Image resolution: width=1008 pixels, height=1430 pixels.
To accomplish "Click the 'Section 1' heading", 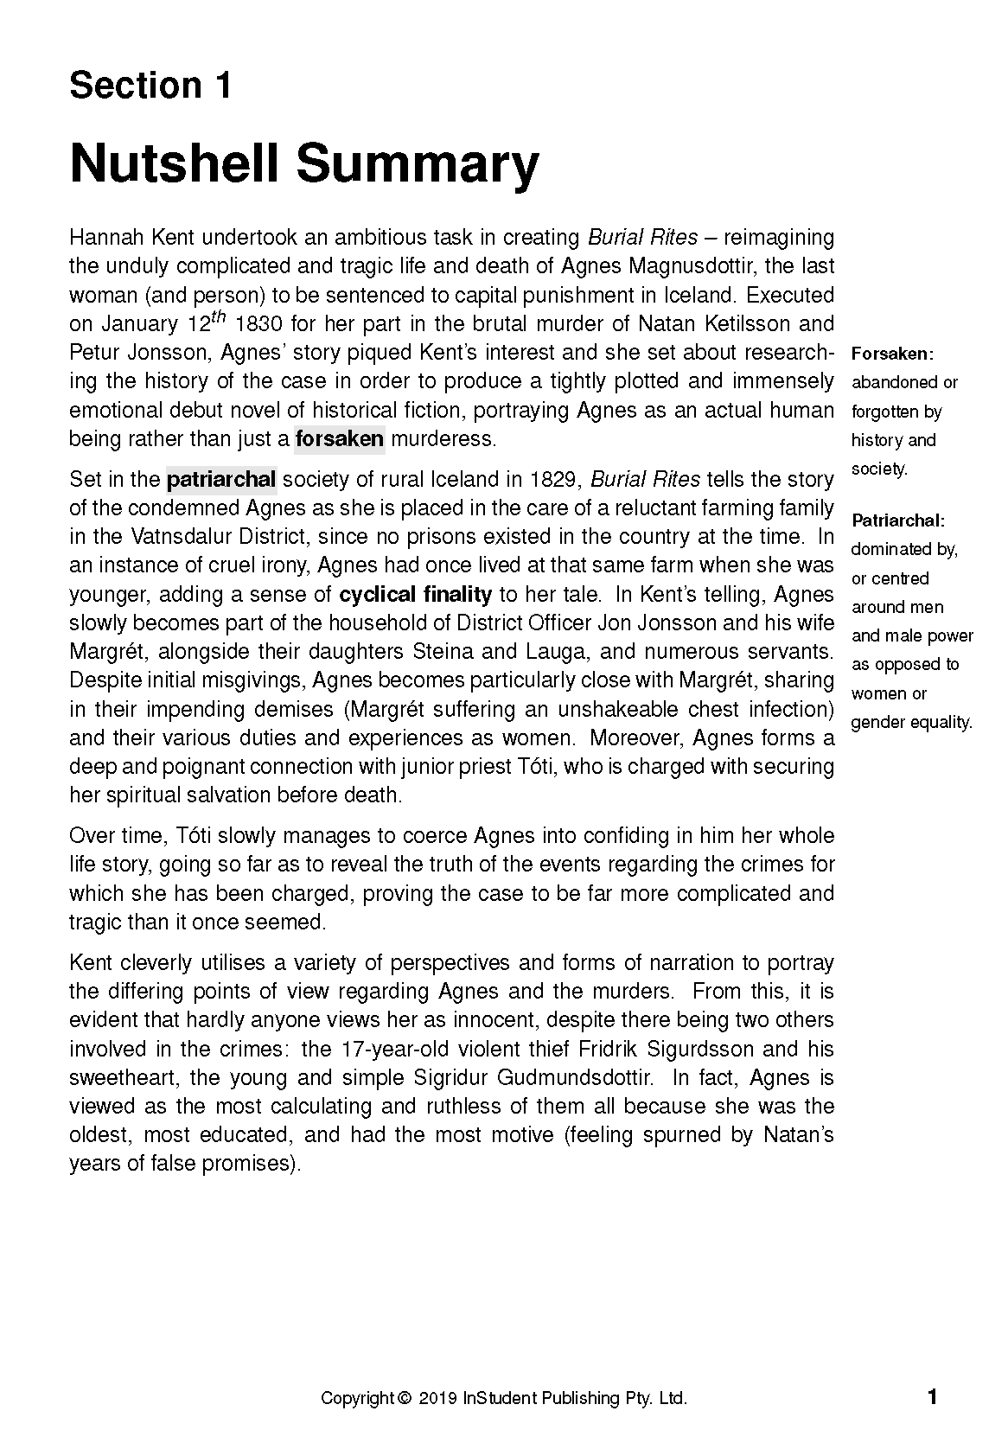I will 150,86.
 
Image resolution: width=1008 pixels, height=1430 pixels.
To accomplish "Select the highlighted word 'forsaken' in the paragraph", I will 339,439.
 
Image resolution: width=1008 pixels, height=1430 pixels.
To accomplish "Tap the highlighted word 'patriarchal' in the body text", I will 221,480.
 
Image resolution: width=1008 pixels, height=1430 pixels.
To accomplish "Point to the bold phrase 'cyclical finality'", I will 415,595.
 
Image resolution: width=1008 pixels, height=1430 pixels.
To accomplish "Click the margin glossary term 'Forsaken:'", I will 892,354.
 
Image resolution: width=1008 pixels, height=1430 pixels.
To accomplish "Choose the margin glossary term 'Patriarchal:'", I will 898,520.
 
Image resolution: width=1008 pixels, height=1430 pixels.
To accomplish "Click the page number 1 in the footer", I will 931,1397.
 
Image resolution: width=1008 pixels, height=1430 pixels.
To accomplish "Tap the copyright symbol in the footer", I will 403,1398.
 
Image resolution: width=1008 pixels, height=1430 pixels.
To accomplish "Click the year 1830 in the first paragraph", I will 259,324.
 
